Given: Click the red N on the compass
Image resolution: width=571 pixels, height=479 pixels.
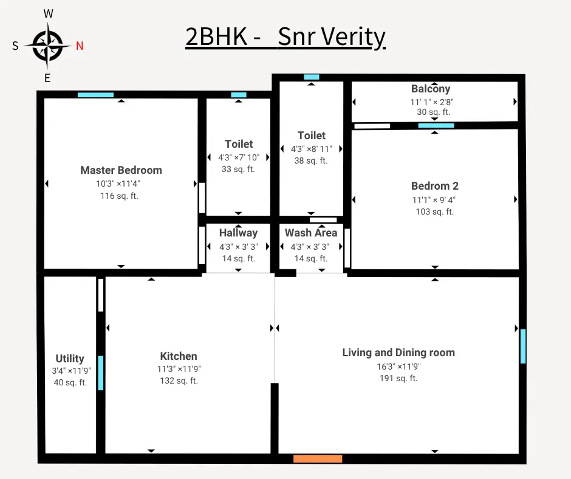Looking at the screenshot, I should coord(80,46).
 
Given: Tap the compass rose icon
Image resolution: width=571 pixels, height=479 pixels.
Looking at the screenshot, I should coord(48,46).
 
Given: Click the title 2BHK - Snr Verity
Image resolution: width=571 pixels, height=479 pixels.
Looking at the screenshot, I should coord(285,37).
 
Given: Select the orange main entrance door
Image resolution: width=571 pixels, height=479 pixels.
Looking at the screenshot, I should coord(318,459).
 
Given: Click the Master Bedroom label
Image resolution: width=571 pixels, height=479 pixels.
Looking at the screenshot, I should coord(121,170).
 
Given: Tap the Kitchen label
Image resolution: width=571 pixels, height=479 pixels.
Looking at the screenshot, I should coord(179,356).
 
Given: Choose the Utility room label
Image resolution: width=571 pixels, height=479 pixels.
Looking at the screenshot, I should coord(70,359).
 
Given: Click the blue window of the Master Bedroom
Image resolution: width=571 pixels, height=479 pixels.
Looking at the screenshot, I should coord(95,95).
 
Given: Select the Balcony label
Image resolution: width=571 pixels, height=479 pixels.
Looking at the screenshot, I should coord(431,89).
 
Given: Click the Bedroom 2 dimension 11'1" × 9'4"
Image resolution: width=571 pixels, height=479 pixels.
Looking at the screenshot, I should coord(434,199).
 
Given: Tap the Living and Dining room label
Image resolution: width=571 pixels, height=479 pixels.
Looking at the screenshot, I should coord(398,353).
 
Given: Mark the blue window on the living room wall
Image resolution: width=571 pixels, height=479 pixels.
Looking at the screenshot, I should coord(523,346).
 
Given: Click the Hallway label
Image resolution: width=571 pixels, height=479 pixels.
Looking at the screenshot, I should coord(238,233).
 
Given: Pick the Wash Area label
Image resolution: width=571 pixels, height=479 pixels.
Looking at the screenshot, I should coord(311,233).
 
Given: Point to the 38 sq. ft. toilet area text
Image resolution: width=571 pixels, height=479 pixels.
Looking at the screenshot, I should coord(311,161).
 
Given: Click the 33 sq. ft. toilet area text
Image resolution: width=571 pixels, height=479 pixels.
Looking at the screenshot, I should coord(238,169).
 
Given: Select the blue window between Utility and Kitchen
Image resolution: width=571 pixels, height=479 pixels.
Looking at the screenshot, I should coord(101,373).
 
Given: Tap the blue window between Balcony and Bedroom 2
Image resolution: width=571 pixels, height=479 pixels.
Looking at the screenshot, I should coord(436,126).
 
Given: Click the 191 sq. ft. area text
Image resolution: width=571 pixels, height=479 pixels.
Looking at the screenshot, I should coord(398,378).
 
